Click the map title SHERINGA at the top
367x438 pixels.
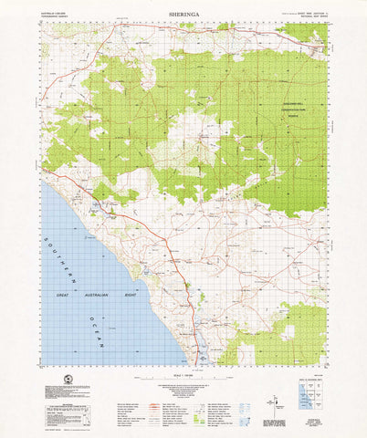[x=183, y=16]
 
